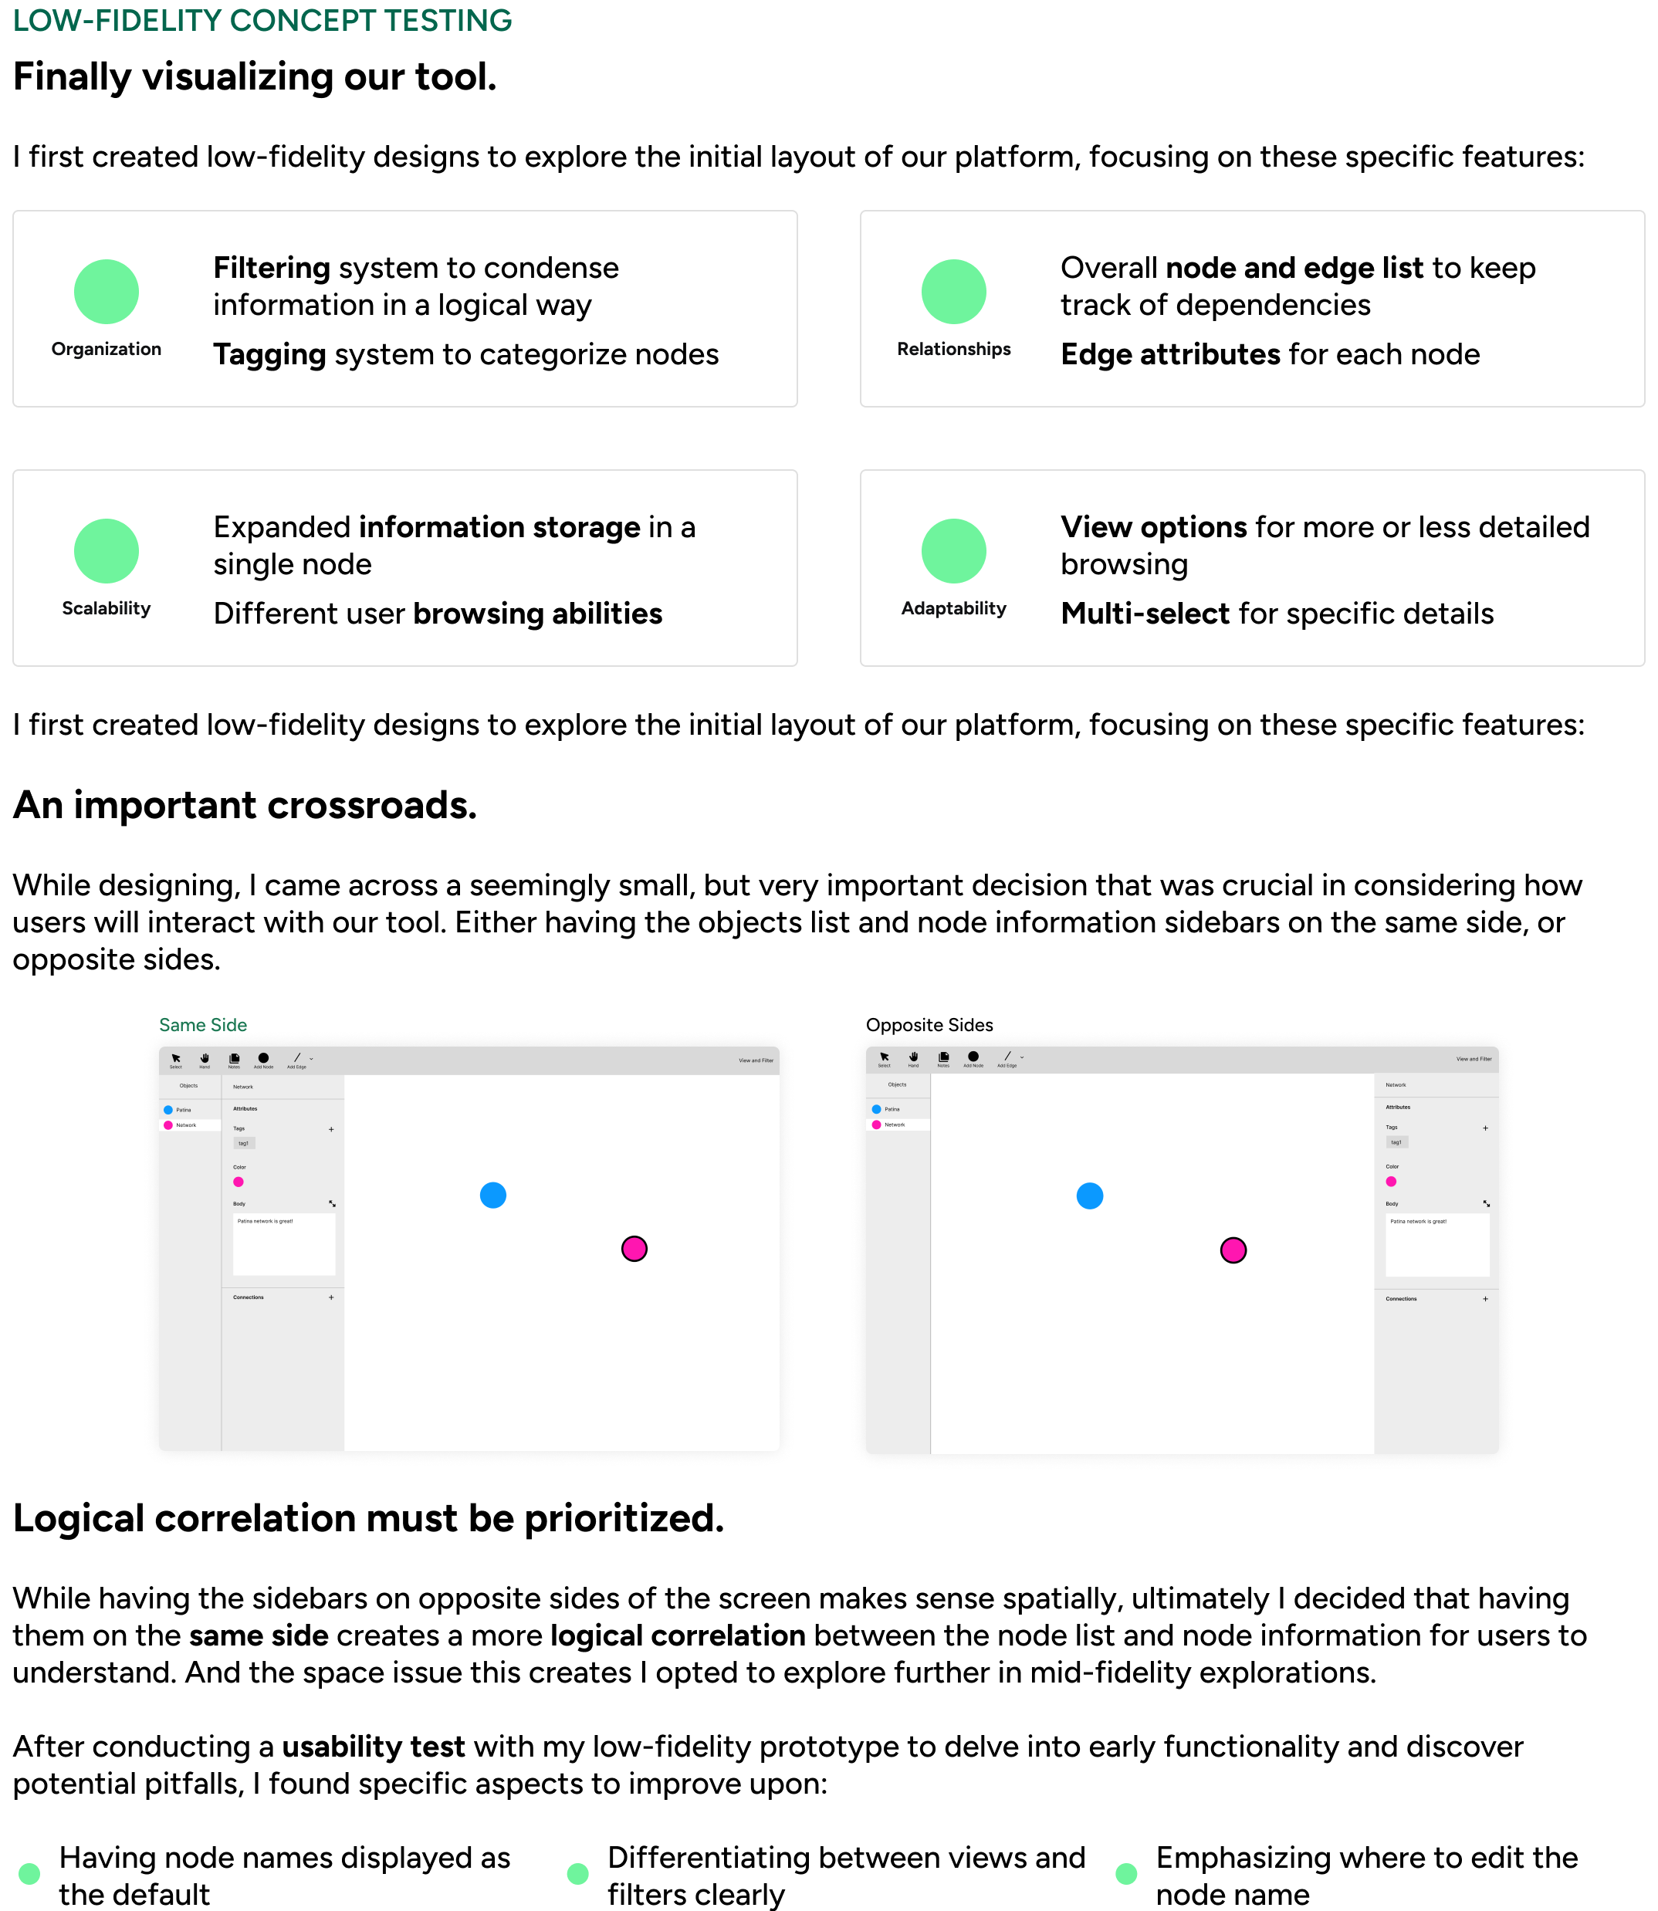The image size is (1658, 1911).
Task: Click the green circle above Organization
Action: tap(107, 292)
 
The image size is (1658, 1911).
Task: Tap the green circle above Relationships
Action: tap(953, 292)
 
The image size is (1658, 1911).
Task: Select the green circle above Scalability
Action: tap(107, 550)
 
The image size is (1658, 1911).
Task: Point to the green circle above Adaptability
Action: tap(953, 550)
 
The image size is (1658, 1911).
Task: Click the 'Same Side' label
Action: tap(203, 1025)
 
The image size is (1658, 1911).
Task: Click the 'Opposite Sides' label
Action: tap(929, 1025)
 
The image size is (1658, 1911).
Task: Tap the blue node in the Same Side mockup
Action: tap(493, 1195)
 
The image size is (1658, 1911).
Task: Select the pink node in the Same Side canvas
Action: tap(634, 1249)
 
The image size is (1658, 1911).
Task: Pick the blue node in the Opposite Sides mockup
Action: tap(1090, 1196)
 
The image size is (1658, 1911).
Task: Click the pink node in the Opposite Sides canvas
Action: tap(1233, 1250)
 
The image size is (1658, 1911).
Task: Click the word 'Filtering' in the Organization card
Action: tap(271, 269)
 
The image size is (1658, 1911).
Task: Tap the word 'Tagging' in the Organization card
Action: tap(269, 355)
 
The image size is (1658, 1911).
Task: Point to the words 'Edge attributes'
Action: tap(1169, 355)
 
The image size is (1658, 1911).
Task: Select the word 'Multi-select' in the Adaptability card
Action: tap(1145, 614)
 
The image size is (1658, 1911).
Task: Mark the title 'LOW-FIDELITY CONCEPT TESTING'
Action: tap(262, 20)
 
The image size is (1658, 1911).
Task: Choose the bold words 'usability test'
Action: tap(373, 1747)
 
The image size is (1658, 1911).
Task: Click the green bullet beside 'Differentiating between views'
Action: tap(577, 1874)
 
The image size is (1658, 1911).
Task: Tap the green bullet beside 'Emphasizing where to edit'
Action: tap(1126, 1874)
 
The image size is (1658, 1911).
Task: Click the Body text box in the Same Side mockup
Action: tap(283, 1244)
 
